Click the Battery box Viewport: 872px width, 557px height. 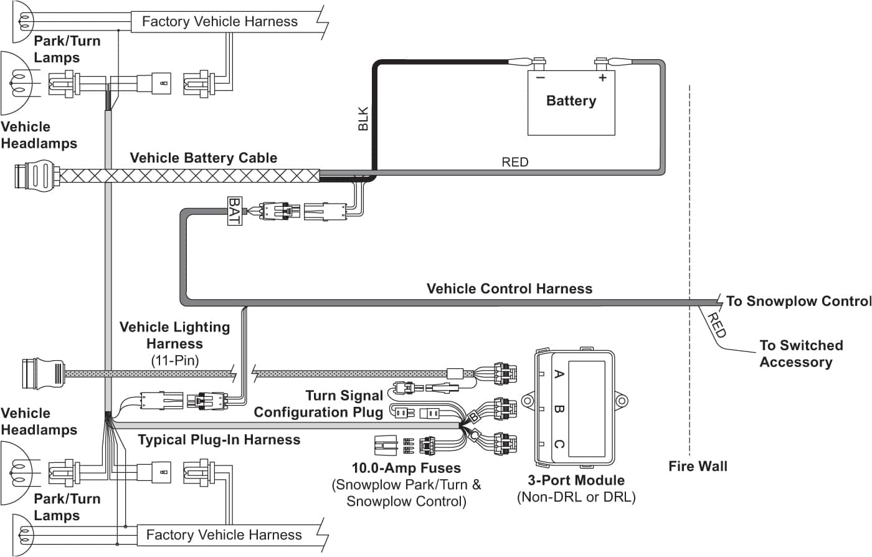571,103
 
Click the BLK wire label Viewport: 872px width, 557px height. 363,119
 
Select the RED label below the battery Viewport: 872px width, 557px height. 514,162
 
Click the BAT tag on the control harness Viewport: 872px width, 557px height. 234,211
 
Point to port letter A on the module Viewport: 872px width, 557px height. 559,374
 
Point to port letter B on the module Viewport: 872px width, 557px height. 559,409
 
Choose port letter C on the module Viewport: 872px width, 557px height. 559,444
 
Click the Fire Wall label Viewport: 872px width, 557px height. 698,466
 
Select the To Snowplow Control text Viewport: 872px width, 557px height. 798,301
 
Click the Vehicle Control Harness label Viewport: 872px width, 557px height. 509,288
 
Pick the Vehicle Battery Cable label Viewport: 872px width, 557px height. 203,158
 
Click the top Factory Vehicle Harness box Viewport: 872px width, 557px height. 220,22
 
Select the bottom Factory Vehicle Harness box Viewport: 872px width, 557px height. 224,535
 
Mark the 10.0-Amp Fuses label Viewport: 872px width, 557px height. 406,468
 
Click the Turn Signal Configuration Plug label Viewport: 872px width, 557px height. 319,404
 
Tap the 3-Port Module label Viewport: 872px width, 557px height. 576,480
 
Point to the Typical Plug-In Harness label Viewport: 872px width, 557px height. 219,440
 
